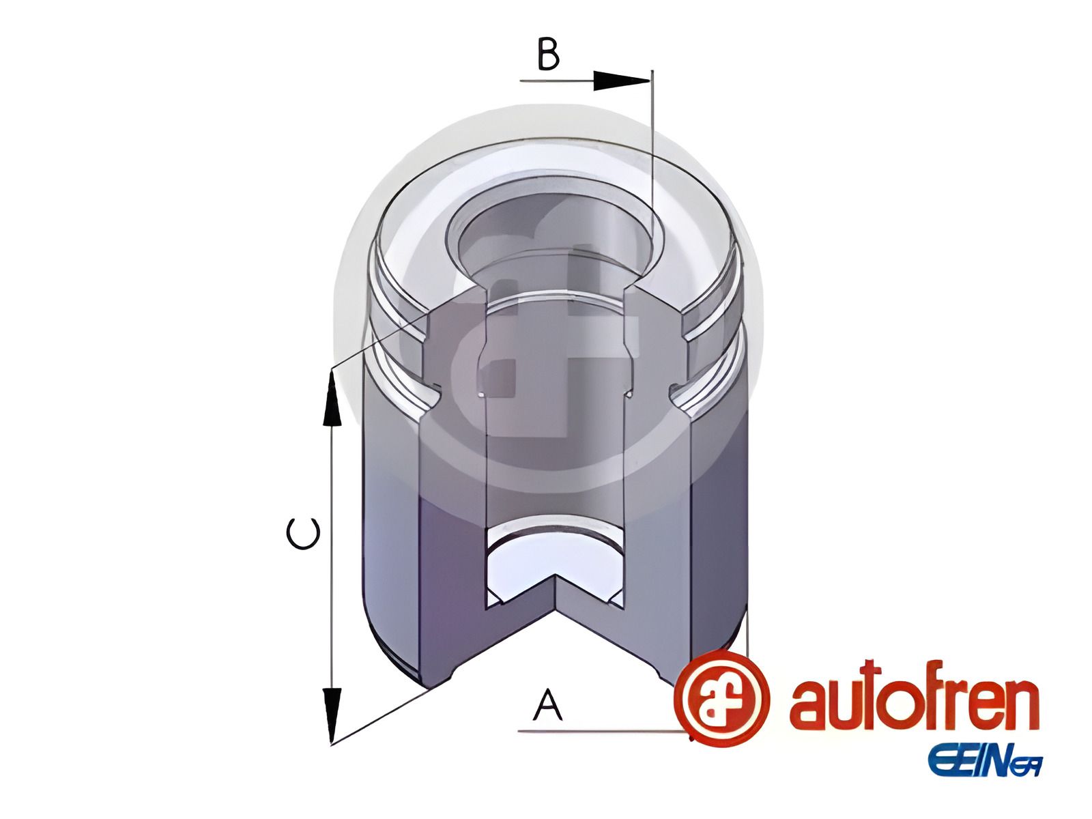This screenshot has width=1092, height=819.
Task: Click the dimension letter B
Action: click(548, 54)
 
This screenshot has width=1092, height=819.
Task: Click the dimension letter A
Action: click(548, 704)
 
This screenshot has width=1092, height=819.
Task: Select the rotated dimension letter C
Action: click(303, 534)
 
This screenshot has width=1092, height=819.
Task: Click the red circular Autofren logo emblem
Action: click(721, 699)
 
